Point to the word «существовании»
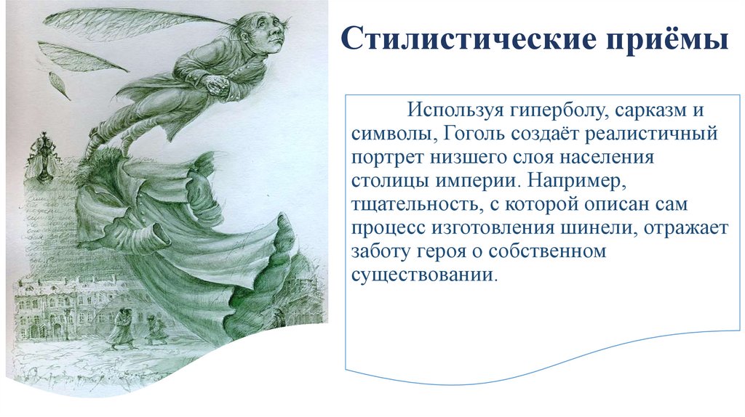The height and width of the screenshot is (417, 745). coord(426,275)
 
